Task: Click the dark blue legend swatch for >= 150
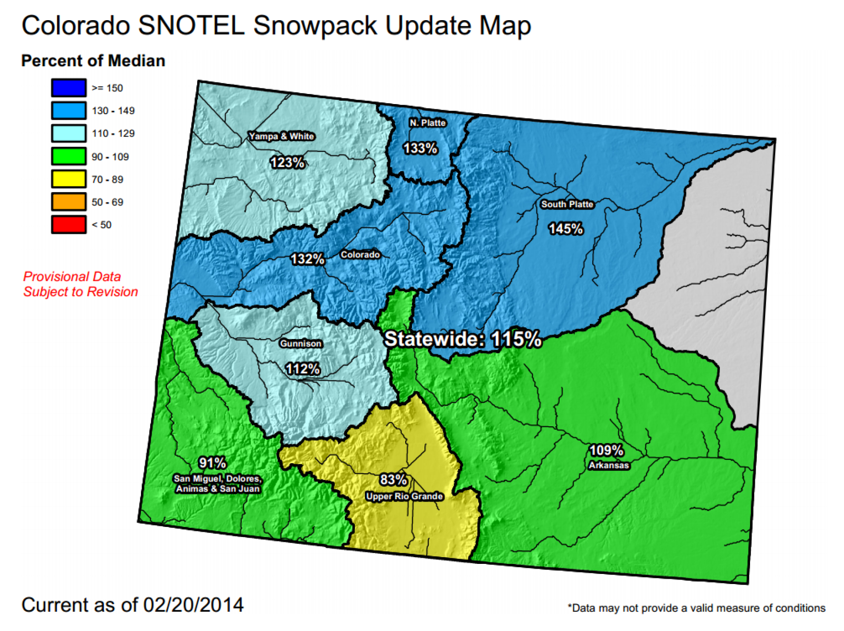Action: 69,88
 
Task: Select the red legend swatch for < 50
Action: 69,224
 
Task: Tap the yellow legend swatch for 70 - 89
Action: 69,179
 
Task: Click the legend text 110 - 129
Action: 113,133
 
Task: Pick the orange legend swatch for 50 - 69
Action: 69,202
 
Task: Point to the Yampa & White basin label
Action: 281,136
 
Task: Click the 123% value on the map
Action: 287,163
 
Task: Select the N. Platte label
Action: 428,123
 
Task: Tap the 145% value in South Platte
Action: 565,229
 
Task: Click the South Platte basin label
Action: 567,204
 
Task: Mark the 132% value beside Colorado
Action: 307,259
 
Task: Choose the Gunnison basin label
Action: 301,343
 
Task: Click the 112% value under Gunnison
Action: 303,369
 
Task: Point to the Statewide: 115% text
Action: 462,339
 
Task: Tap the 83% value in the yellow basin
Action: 393,479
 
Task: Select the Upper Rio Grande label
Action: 404,496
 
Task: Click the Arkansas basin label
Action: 609,465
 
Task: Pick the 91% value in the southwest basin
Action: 212,463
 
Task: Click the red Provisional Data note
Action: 81,284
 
